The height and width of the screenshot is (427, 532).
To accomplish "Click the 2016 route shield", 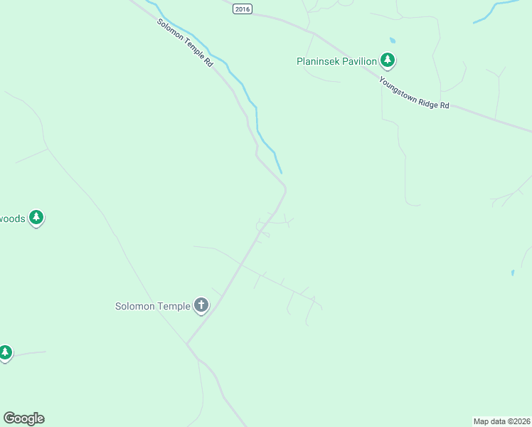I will [243, 9].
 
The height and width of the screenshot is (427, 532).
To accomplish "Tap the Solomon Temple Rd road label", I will [186, 43].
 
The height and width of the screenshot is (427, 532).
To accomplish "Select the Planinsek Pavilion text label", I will [336, 62].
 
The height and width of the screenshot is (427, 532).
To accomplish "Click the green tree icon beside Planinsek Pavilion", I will [388, 60].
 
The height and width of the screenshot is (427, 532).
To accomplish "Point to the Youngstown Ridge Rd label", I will [414, 93].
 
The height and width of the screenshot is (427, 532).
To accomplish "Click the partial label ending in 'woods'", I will [12, 218].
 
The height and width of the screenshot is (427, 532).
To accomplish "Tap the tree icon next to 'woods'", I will [37, 218].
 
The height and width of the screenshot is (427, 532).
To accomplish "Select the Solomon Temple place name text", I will [153, 307].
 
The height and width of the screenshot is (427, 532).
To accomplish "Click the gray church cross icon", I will [201, 306].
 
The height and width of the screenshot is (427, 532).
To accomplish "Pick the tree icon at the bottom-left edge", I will [6, 352].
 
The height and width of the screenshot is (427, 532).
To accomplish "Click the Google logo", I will [23, 418].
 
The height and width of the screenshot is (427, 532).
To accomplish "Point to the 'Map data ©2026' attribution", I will [501, 421].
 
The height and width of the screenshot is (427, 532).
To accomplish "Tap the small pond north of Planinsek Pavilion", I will [392, 41].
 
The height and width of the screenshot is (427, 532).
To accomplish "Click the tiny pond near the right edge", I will [513, 273].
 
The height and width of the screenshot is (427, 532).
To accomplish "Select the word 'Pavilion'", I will [360, 62].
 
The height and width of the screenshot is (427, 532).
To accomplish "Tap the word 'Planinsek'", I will [318, 62].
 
